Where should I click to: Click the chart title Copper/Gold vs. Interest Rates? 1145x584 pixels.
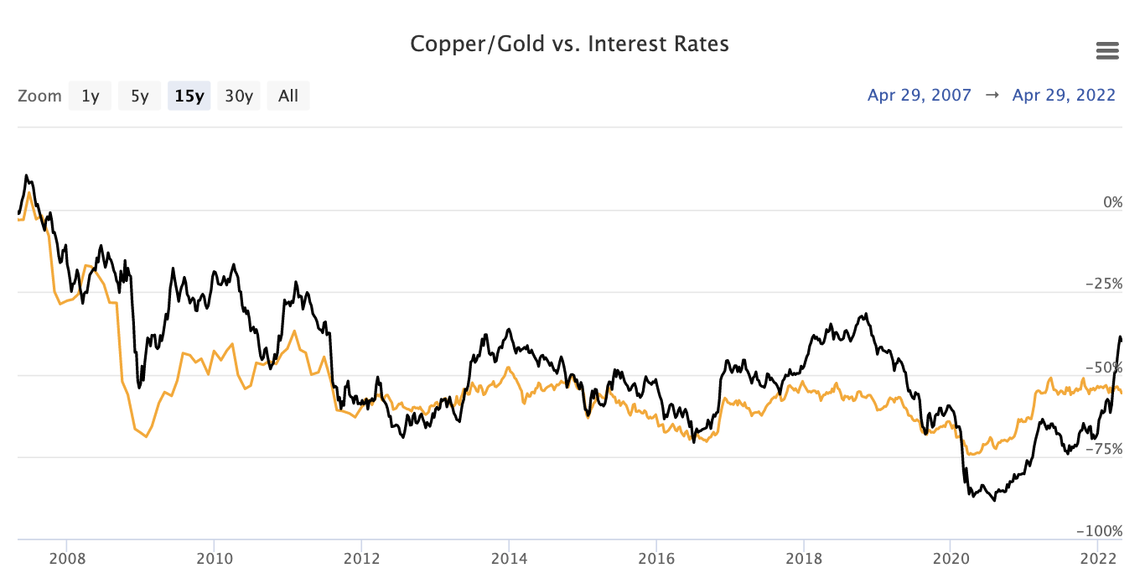(x=569, y=44)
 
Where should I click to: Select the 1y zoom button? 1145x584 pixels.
(x=90, y=96)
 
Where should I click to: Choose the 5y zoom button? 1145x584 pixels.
(x=139, y=96)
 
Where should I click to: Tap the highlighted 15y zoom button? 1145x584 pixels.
(x=189, y=96)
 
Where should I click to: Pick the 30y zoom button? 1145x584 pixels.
(x=238, y=96)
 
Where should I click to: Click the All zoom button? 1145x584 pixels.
(x=288, y=96)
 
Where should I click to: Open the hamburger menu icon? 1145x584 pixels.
(x=1107, y=51)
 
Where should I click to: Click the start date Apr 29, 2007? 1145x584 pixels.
(x=919, y=95)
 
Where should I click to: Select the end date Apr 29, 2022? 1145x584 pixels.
(x=1064, y=95)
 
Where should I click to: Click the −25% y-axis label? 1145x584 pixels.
(x=1104, y=284)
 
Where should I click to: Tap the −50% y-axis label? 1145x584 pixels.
(x=1104, y=367)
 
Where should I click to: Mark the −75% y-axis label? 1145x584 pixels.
(x=1104, y=449)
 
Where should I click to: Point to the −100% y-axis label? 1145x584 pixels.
(x=1101, y=531)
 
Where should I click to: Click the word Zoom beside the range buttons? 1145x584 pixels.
(x=39, y=96)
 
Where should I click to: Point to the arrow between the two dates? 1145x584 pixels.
(x=992, y=95)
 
